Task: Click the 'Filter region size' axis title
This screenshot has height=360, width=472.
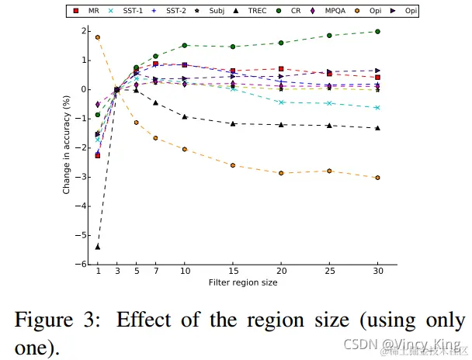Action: coord(243,283)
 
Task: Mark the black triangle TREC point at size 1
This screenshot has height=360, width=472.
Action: coord(98,247)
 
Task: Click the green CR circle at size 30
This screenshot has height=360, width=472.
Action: coord(377,32)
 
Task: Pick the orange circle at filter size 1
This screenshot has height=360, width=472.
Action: coord(98,37)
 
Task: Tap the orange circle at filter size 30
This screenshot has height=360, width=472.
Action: coord(377,178)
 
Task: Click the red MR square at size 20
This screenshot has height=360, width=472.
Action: coord(281,69)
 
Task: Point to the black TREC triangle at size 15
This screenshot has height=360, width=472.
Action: coord(233,123)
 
